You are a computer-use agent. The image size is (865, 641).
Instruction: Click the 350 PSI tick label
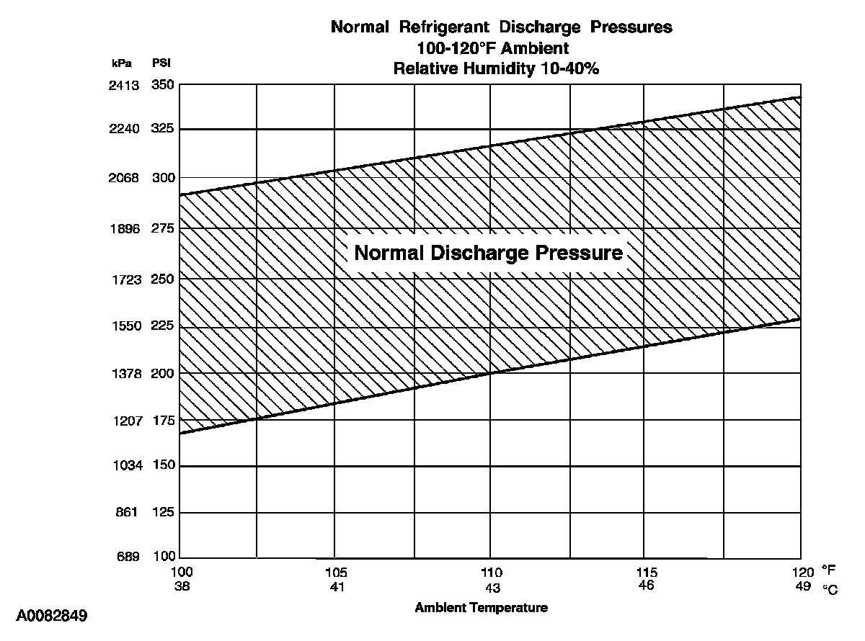point(163,85)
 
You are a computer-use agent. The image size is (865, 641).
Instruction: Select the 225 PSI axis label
point(163,326)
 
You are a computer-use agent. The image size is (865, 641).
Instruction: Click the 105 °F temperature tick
point(337,573)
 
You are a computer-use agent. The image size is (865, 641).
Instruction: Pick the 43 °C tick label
point(491,586)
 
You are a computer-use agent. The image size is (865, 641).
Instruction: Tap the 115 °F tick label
point(647,573)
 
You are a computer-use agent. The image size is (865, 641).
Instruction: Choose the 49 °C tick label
point(802,586)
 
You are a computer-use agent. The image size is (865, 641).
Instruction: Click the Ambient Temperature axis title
point(481,607)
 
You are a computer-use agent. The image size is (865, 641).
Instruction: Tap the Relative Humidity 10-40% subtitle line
point(497,69)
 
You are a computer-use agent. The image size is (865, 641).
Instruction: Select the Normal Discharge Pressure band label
point(489,254)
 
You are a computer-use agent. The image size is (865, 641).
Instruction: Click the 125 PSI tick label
point(163,512)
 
